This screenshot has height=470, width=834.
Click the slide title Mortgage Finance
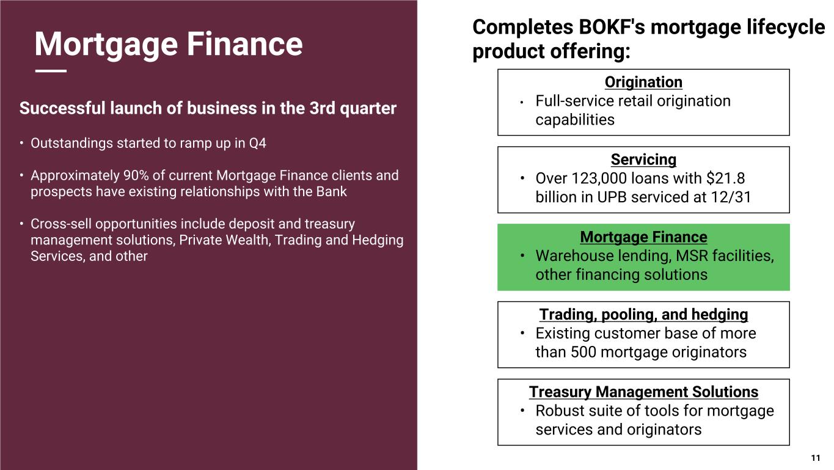click(x=168, y=44)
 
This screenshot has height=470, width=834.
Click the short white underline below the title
click(x=51, y=72)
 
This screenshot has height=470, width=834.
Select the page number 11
click(x=815, y=458)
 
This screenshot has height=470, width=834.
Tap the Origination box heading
click(x=643, y=82)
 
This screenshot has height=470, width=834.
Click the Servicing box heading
click(x=643, y=160)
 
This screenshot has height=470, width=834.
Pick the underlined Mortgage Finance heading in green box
click(x=643, y=237)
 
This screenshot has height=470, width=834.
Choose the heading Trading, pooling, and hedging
click(x=643, y=315)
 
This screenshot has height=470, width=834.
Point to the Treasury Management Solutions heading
click(x=643, y=392)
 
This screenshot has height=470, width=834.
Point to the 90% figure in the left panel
click(x=136, y=176)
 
